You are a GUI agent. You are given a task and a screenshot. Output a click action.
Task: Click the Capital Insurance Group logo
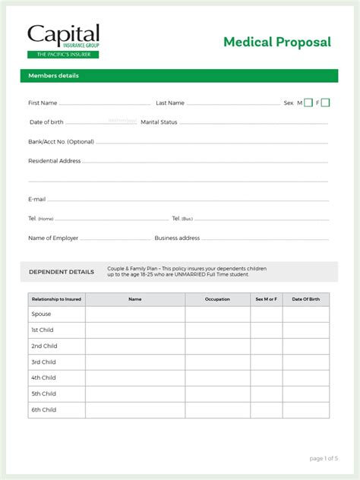point(63,41)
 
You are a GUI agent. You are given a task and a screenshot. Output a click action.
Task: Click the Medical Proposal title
point(276,43)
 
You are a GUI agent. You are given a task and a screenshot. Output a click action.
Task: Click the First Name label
point(43,103)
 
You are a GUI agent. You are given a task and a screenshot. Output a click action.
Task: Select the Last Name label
point(170,103)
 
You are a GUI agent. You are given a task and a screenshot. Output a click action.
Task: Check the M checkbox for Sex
point(308,103)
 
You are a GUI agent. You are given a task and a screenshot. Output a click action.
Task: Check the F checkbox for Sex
point(327,103)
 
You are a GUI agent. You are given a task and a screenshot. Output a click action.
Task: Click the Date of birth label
point(46,122)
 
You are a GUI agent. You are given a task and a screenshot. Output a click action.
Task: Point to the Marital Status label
point(159,122)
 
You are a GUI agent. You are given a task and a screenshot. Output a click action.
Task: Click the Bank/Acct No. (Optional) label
point(61,141)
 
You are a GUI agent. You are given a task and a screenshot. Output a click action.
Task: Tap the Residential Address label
point(54,161)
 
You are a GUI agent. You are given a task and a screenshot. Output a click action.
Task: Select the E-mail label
point(37,199)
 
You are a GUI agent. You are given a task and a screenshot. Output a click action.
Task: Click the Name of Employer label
point(53,238)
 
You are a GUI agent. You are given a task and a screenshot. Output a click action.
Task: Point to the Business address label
point(177,238)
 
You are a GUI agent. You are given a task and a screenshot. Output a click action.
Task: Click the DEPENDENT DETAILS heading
point(62,272)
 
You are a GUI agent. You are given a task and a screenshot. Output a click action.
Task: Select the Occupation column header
point(217,299)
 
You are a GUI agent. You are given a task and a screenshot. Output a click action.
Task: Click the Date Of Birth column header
point(306,299)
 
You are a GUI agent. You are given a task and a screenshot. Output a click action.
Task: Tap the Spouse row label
point(41,314)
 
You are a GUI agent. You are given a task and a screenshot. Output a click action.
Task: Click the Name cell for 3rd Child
point(135,362)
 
